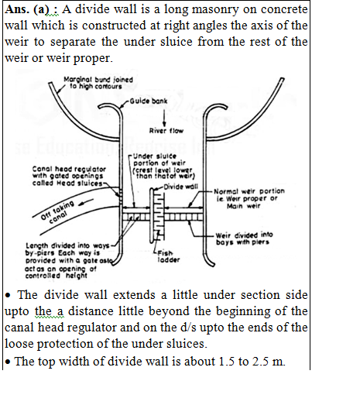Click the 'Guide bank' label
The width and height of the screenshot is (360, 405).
tap(149, 101)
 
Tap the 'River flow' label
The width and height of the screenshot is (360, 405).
tap(166, 131)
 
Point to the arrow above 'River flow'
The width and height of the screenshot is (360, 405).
tap(164, 118)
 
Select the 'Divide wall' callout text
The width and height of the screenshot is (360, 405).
tap(181, 187)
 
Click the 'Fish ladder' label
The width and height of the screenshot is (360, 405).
tap(168, 256)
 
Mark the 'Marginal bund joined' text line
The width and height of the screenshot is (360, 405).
tap(98, 80)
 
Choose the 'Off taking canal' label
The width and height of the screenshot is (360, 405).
tap(57, 212)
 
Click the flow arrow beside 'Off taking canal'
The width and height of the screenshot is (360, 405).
tap(86, 202)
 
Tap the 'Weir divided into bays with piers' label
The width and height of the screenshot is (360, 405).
tap(245, 239)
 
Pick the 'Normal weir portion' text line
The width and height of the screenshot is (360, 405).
tap(249, 191)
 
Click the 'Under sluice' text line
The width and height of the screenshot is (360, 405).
tap(155, 156)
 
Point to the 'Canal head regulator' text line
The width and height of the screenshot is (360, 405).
tap(69, 169)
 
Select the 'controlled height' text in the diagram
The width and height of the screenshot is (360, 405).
tap(56, 276)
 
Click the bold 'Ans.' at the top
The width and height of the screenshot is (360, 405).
tap(17, 9)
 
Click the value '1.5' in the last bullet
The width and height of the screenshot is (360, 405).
tap(227, 362)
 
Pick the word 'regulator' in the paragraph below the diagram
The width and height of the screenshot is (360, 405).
tap(92, 328)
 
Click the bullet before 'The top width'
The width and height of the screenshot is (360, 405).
tap(8, 362)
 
